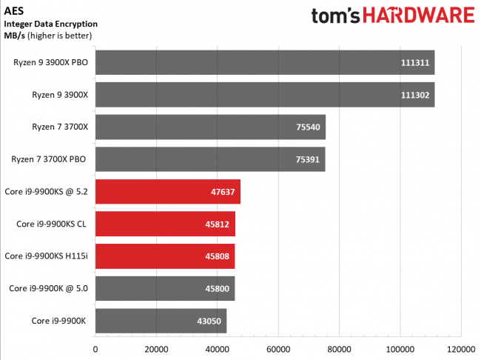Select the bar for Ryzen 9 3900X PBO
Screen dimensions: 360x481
(264, 62)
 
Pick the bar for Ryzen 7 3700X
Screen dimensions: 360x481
(210, 127)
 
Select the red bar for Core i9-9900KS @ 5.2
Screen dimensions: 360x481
(167, 191)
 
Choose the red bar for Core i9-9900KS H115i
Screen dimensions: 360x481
(164, 256)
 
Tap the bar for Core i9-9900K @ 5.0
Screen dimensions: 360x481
(164, 288)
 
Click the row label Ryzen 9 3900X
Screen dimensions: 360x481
(56, 95)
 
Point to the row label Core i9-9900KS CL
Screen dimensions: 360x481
(53, 224)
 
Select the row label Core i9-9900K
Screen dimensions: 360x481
(59, 321)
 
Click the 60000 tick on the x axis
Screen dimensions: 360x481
(277, 348)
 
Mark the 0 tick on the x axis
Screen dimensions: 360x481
(95, 348)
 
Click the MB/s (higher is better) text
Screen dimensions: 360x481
(49, 36)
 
